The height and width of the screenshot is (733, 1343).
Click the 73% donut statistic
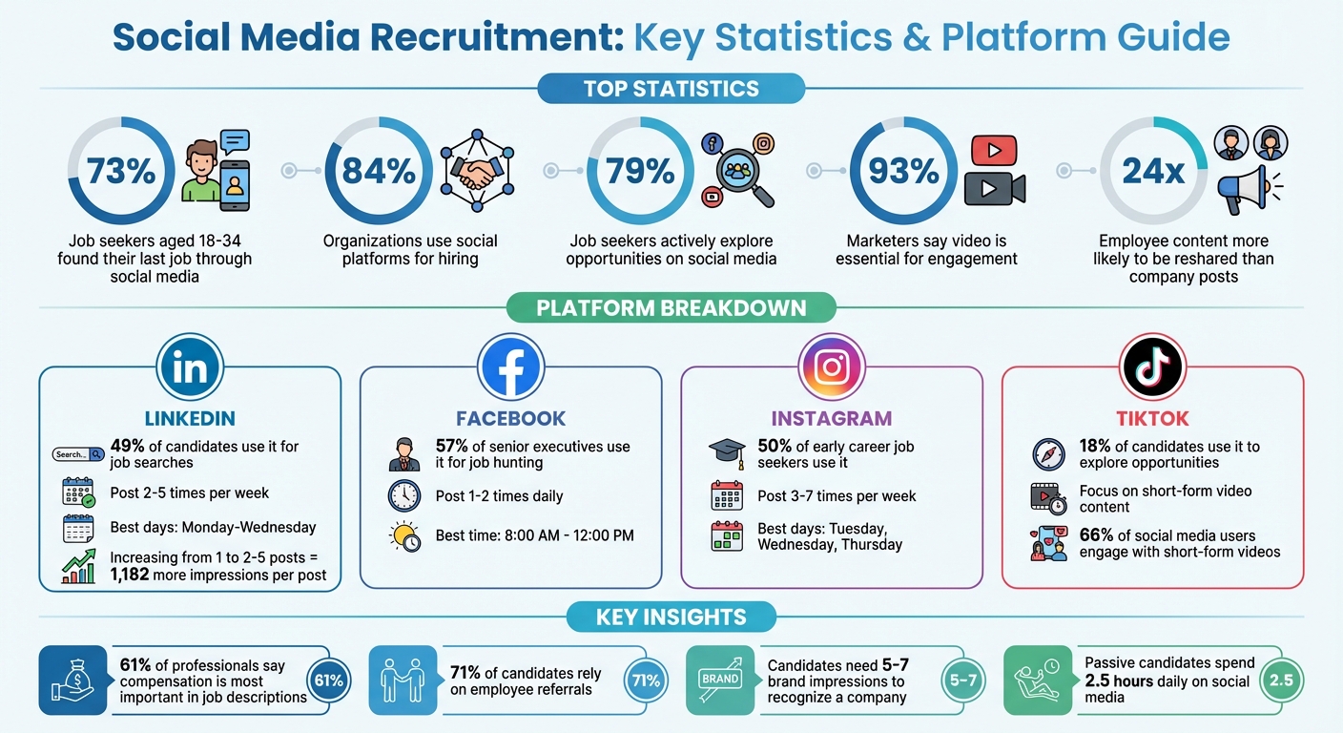(x=120, y=171)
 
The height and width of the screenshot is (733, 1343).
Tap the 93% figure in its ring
(x=903, y=171)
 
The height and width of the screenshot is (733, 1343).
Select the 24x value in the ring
(x=1153, y=171)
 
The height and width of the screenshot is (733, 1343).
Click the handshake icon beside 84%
(x=477, y=171)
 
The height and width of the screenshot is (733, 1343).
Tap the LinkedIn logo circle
(x=189, y=367)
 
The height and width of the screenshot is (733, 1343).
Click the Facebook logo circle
(x=510, y=367)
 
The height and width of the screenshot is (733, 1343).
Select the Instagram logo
(x=831, y=367)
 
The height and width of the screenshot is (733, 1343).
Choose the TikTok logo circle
(x=1152, y=367)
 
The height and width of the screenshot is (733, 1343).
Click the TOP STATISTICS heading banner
(x=671, y=89)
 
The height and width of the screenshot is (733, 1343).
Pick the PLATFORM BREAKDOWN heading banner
(x=671, y=308)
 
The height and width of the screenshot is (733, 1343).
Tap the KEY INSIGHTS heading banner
(x=671, y=618)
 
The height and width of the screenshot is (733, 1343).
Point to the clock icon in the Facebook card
(x=404, y=495)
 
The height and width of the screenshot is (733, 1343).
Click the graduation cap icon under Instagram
(x=726, y=453)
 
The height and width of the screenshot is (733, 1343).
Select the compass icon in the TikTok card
(x=1048, y=453)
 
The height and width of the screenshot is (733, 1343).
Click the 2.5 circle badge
(x=1280, y=681)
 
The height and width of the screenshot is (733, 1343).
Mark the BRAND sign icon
(x=721, y=679)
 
